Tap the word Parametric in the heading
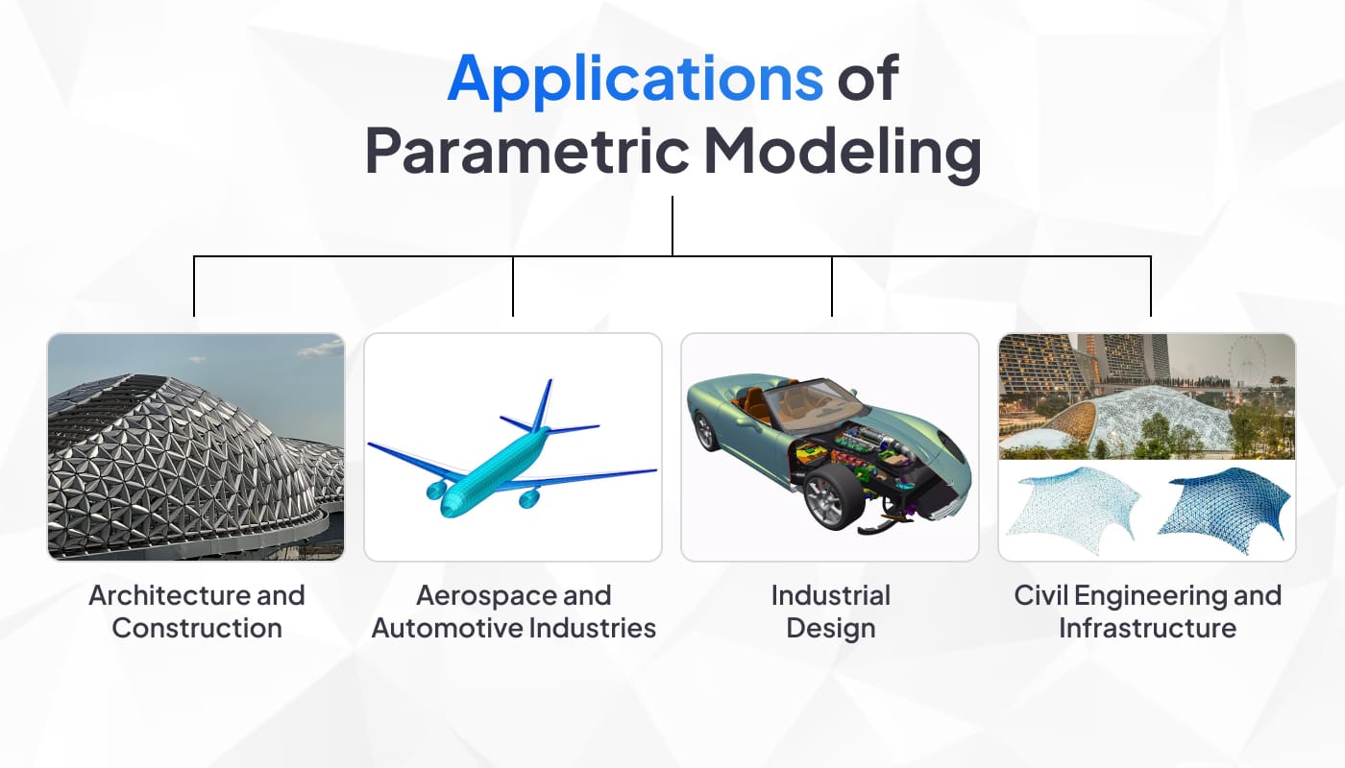tap(526, 152)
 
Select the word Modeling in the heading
tap(843, 153)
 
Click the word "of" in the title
tap(868, 78)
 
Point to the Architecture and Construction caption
tap(197, 612)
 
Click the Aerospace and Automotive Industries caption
tap(513, 612)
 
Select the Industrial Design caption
tap(831, 612)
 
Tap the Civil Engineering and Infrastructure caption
tap(1147, 612)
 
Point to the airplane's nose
tap(448, 511)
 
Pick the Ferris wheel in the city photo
tap(1247, 360)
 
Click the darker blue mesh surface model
tap(1225, 510)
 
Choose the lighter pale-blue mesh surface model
tap(1073, 510)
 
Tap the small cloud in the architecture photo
tap(321, 348)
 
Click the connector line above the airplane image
tap(513, 286)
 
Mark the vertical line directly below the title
tap(672, 227)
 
